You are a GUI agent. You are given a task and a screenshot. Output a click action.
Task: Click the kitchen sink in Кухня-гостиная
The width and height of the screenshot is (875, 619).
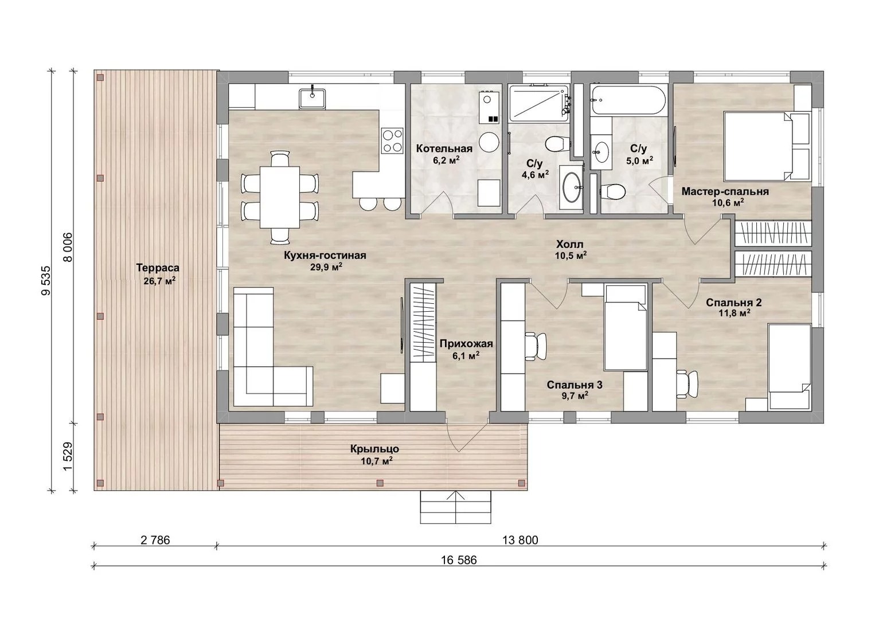coord(312,99)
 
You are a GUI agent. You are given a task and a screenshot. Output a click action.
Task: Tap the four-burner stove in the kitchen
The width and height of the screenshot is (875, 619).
coord(393,140)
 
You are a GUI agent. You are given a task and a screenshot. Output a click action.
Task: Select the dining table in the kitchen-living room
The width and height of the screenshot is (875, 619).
coord(280,197)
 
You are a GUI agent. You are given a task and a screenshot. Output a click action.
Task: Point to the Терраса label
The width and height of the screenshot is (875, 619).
coord(158,268)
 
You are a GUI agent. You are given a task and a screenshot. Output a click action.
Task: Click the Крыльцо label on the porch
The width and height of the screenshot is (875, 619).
coord(374,449)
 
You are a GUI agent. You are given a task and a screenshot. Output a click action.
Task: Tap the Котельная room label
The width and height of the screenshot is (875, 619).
coord(444,148)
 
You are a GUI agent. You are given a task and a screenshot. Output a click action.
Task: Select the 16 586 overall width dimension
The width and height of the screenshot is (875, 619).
coord(459,561)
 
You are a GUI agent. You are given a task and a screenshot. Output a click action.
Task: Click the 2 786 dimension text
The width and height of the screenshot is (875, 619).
coord(155,540)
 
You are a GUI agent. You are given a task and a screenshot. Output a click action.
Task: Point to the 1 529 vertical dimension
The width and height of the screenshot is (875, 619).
coord(68,457)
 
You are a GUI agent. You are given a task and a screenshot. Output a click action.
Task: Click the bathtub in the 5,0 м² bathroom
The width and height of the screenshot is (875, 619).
coord(628,100)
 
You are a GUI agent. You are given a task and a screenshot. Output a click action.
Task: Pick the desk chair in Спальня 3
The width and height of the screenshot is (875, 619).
coord(536,346)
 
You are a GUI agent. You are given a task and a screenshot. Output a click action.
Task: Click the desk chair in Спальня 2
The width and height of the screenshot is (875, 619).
coord(687,384)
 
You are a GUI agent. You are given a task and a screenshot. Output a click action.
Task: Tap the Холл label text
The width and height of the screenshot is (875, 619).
coord(570,245)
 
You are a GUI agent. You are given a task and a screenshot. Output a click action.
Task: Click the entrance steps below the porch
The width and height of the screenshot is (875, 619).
coord(455,507)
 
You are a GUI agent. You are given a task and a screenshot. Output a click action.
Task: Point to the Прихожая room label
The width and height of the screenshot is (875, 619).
coord(466,344)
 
